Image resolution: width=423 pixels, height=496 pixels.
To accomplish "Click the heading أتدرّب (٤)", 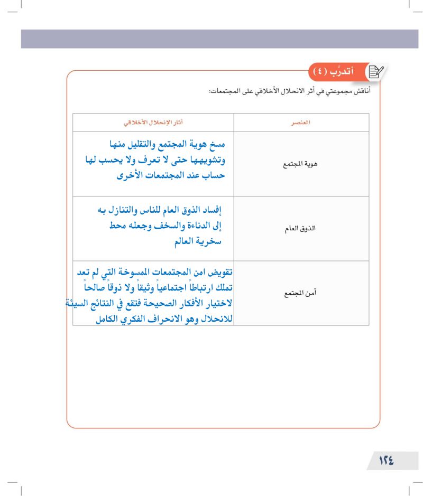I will pyautogui.click(x=336, y=71).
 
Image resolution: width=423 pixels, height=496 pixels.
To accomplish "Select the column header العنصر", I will pyautogui.click(x=301, y=123).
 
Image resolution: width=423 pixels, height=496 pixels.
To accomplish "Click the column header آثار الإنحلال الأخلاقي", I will pyautogui.click(x=153, y=123).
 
